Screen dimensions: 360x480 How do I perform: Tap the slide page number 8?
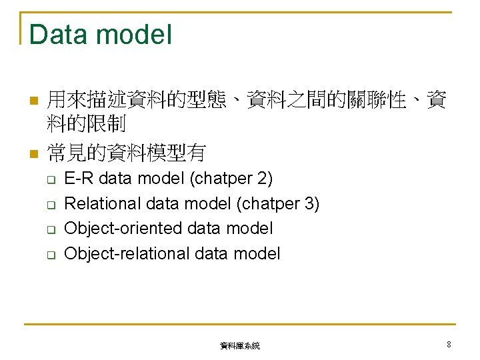click(x=449, y=345)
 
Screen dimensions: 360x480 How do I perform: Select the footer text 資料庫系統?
click(x=240, y=346)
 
